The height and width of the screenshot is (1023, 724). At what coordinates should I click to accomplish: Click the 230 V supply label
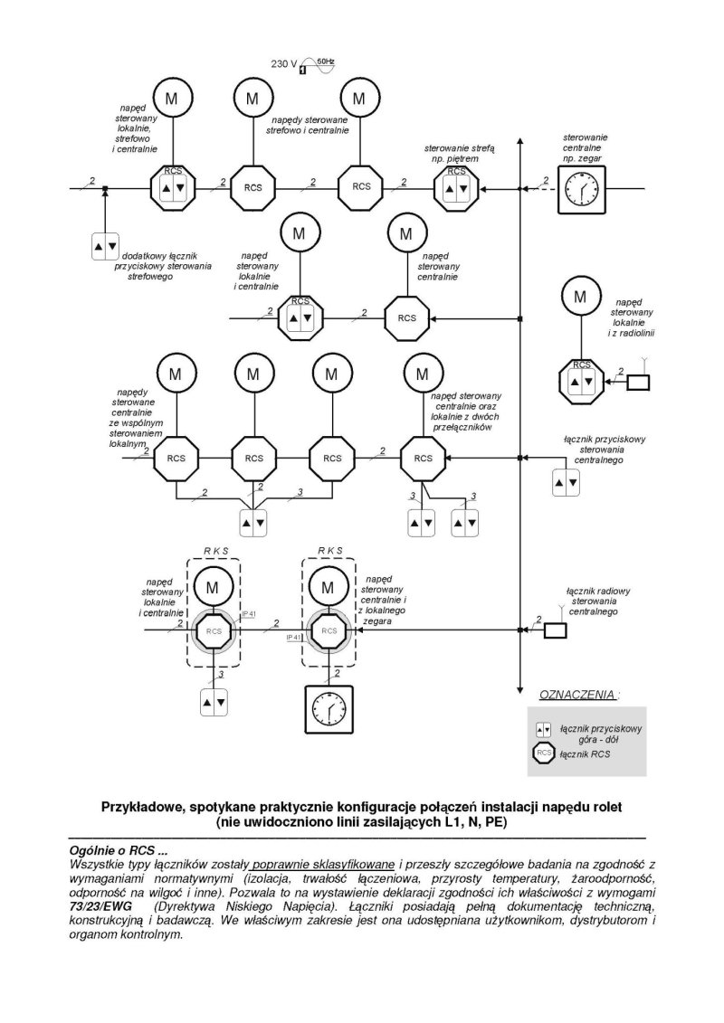click(x=284, y=64)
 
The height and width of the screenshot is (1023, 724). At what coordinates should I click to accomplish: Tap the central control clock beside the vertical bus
click(x=581, y=189)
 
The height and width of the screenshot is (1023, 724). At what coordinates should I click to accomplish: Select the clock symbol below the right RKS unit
click(x=329, y=709)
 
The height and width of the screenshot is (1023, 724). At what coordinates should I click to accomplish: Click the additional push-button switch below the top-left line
click(x=105, y=246)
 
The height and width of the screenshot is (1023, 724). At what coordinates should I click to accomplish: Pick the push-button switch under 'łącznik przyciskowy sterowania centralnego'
click(x=566, y=483)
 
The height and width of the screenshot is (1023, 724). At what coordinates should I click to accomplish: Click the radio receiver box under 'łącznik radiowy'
click(x=556, y=630)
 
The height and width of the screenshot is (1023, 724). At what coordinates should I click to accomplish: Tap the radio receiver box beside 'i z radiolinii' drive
click(x=638, y=383)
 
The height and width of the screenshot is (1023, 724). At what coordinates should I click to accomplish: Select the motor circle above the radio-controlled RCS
click(x=580, y=297)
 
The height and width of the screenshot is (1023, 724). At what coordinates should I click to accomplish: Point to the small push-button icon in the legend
click(x=543, y=729)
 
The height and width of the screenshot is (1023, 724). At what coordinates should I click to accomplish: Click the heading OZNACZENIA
click(x=577, y=694)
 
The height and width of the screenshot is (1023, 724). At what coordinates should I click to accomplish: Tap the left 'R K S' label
click(x=215, y=551)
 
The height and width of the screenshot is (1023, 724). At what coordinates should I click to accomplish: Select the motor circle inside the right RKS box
click(x=329, y=587)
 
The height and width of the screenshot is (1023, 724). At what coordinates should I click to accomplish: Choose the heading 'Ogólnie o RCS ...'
click(x=119, y=851)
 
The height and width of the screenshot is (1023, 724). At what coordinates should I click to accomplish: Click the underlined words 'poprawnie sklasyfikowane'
click(x=323, y=865)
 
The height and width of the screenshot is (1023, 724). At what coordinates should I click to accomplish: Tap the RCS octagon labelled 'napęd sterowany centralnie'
click(x=406, y=317)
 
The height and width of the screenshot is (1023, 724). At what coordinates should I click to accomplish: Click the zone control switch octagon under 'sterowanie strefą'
click(x=456, y=188)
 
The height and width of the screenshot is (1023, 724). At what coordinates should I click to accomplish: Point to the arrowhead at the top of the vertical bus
click(x=519, y=142)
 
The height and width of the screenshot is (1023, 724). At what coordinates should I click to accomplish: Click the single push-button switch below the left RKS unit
click(x=214, y=702)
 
